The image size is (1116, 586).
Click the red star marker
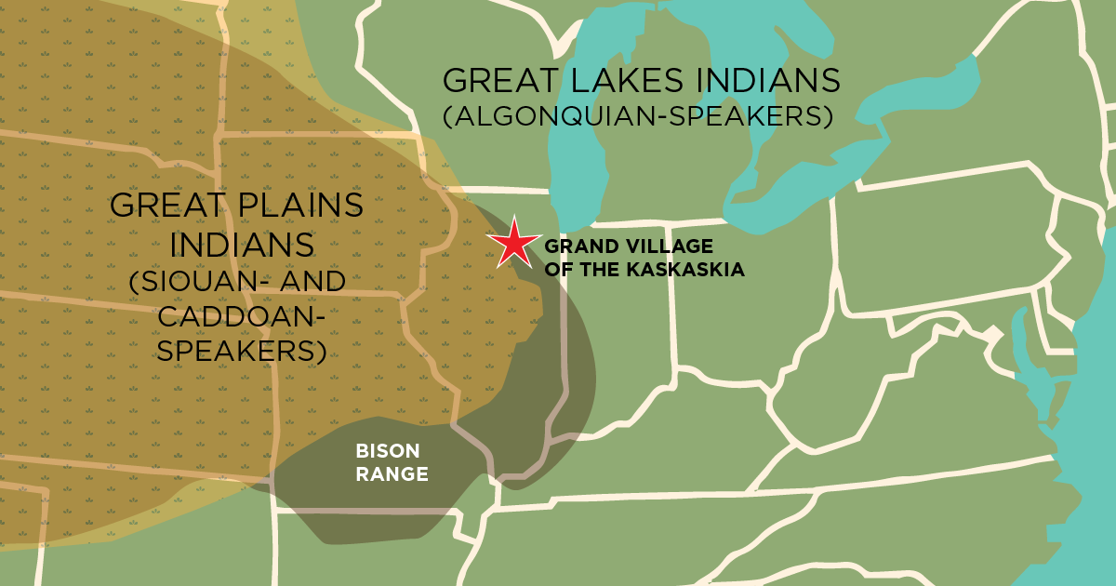pyautogui.click(x=513, y=244)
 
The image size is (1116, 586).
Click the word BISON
pyautogui.click(x=388, y=452)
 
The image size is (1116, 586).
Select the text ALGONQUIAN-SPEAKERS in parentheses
pyautogui.click(x=637, y=118)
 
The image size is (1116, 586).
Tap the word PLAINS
pyautogui.click(x=299, y=206)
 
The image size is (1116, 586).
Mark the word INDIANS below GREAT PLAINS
pyautogui.click(x=236, y=245)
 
